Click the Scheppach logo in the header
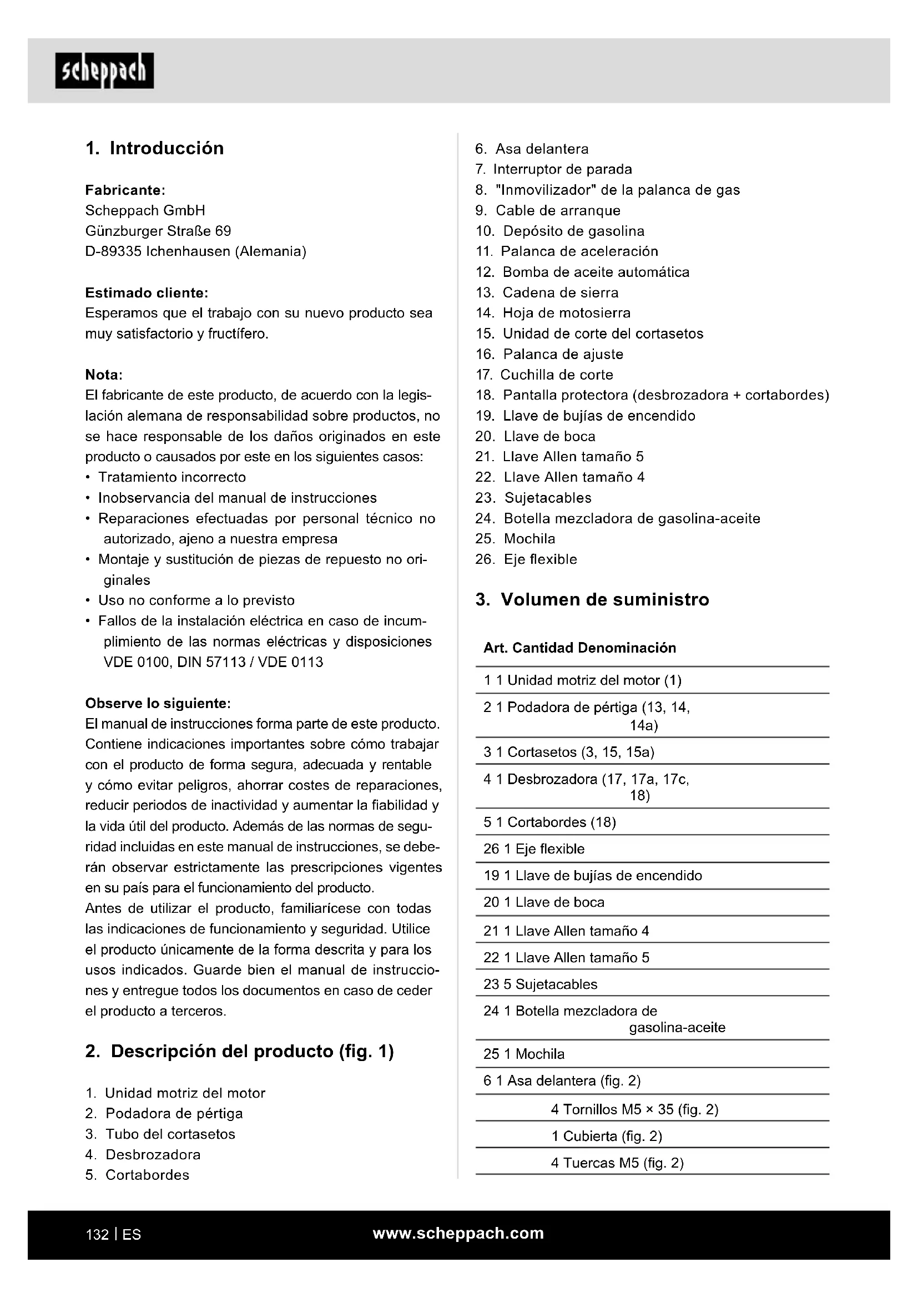[104, 70]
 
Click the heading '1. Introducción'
[154, 148]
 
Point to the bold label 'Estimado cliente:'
[147, 293]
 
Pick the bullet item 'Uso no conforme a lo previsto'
[196, 600]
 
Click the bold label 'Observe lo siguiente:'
[158, 703]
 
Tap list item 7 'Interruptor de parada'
[562, 169]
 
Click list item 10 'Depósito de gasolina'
[573, 231]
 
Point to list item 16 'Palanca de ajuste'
[562, 354]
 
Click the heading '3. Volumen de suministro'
[592, 599]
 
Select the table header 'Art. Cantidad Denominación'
[579, 648]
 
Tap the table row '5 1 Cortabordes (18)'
[549, 822]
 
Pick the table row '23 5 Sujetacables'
[540, 984]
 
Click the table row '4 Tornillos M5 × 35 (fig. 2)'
[634, 1109]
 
